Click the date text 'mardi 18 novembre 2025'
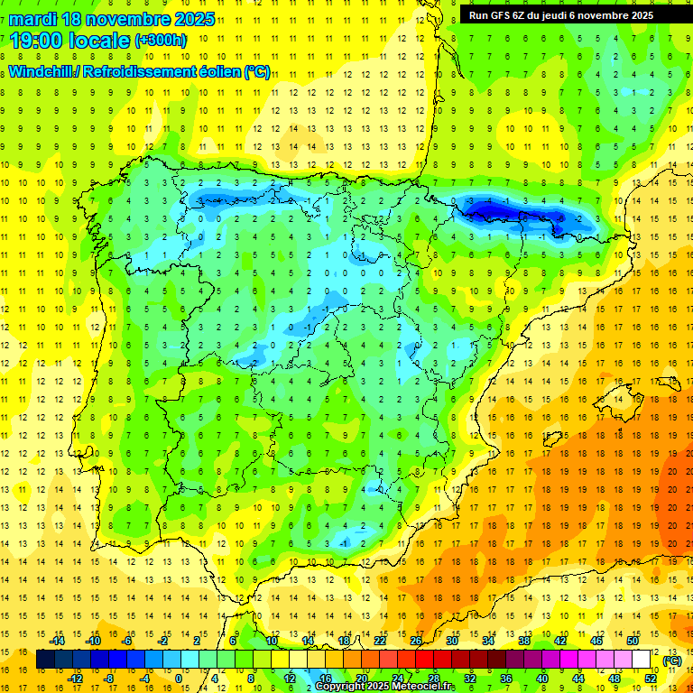point(112,19)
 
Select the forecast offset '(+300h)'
point(161,41)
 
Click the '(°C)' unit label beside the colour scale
point(672,661)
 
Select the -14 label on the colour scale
point(59,641)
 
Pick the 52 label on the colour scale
point(651,679)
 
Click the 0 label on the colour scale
point(179,679)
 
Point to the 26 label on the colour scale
point(416,641)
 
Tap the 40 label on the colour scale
point(542,679)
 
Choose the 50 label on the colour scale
point(633,641)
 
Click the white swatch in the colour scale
point(642,660)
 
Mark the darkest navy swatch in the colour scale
point(45,660)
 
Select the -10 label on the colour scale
point(93,641)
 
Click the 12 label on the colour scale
point(290,679)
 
